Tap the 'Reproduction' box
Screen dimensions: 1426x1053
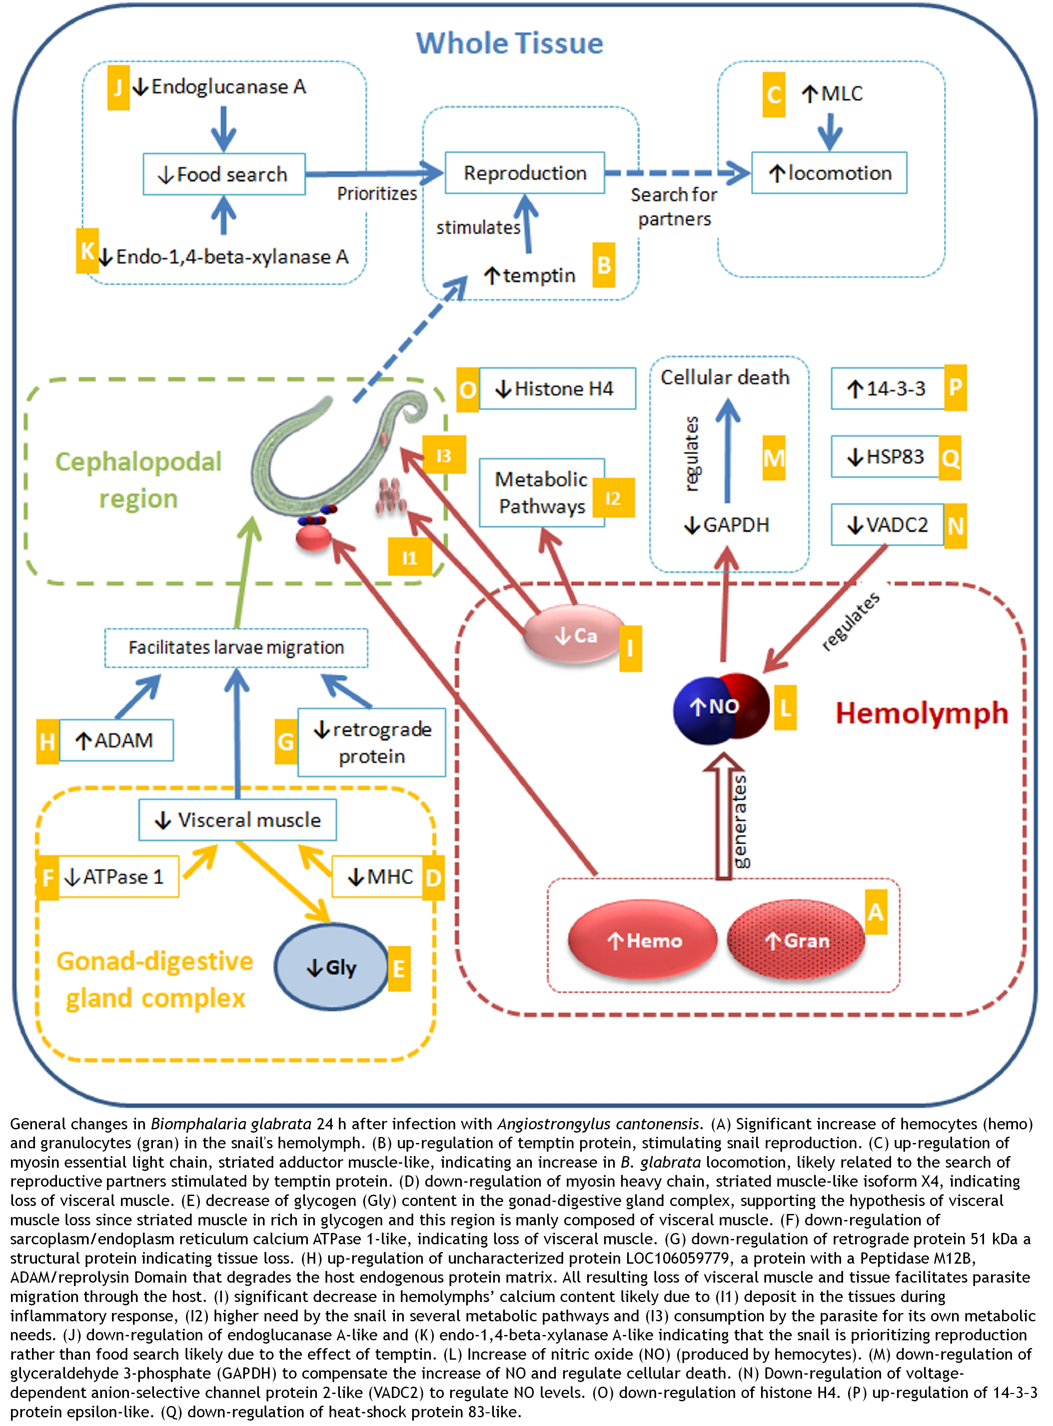click(x=525, y=173)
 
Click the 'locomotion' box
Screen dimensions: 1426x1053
click(x=829, y=173)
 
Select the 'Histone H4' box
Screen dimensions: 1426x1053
click(x=557, y=388)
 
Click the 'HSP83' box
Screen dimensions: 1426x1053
click(x=885, y=456)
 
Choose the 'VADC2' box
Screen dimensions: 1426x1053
click(x=887, y=525)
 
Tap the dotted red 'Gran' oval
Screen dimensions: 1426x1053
click(x=796, y=940)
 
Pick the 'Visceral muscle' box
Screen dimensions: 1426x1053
click(x=238, y=820)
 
